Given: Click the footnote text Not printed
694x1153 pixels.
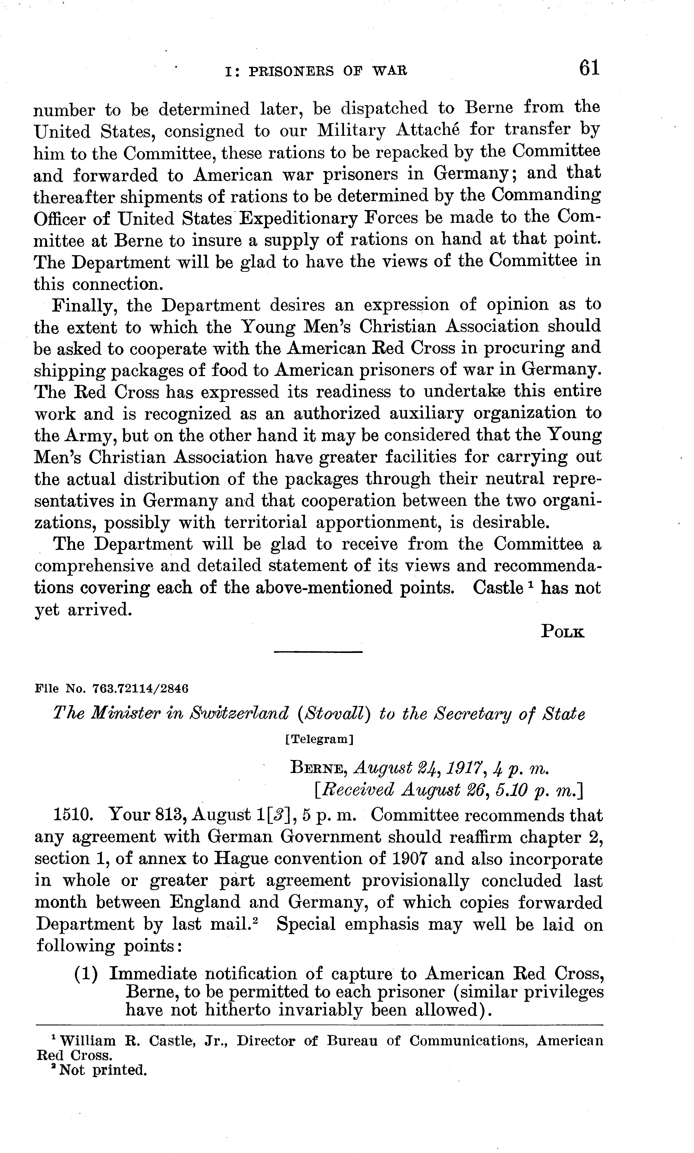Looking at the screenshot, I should coord(103,1070).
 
